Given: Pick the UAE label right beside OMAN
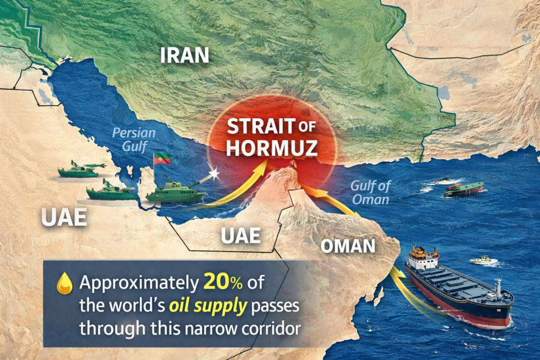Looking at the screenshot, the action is coord(240,236).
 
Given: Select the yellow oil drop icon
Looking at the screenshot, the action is coord(64,284).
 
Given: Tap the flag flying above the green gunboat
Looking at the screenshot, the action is coord(162,159).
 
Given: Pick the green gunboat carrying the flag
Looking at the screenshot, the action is coord(176,193).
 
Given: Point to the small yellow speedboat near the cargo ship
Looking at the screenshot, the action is coord(483,260).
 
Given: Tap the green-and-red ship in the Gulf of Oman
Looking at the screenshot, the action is coord(464,189).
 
